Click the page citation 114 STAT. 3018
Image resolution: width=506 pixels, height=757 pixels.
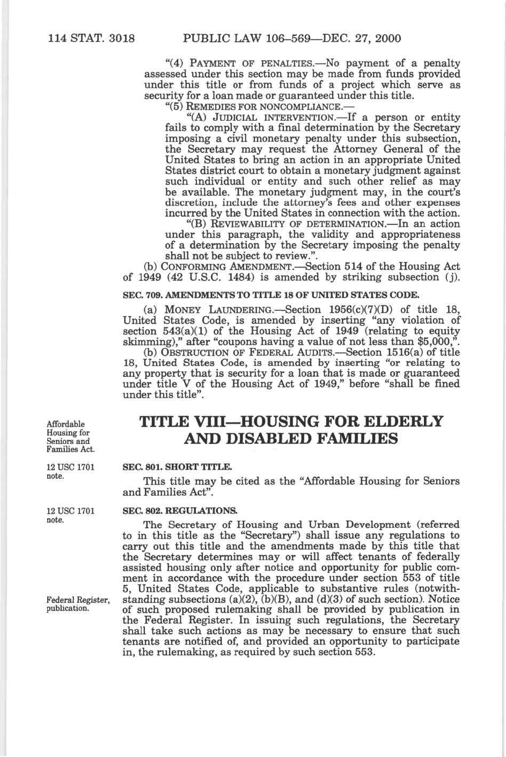(91, 38)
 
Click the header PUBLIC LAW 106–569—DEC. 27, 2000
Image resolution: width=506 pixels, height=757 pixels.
(292, 38)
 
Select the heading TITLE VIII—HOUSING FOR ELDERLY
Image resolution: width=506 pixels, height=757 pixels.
(291, 421)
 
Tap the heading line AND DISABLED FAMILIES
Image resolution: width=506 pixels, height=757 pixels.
(291, 439)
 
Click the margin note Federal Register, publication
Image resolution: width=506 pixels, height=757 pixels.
(78, 604)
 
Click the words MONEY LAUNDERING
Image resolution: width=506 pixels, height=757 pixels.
(222, 310)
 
